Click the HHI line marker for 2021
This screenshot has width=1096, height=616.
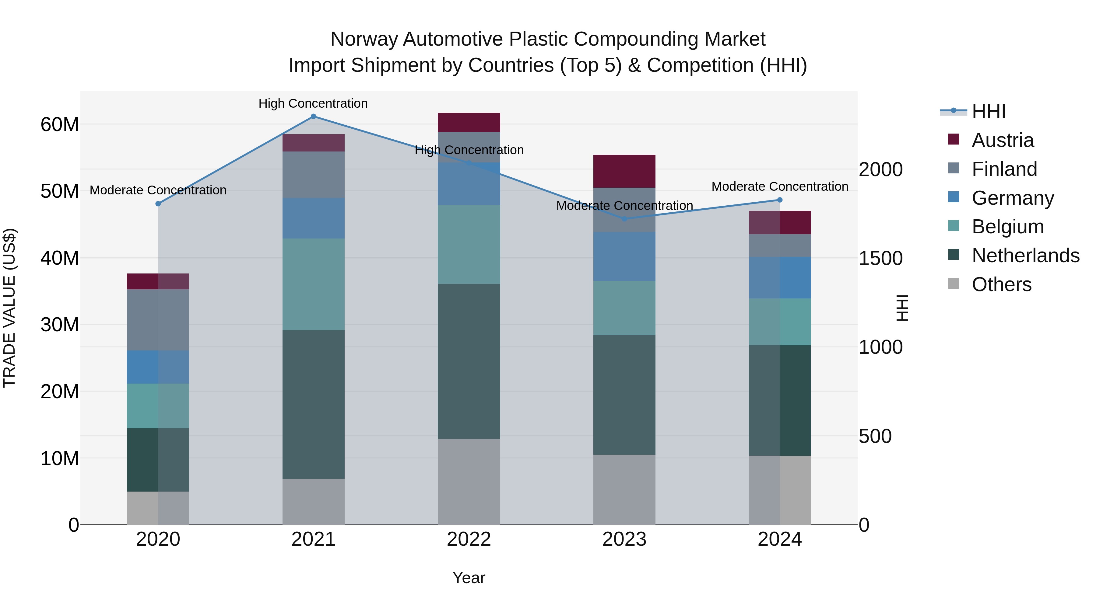pyautogui.click(x=313, y=117)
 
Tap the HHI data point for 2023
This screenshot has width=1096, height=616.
pyautogui.click(x=624, y=219)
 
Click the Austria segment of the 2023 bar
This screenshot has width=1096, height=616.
pyautogui.click(x=624, y=171)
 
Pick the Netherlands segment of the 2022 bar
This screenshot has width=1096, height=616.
pyautogui.click(x=469, y=361)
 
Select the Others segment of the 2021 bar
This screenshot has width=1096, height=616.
pyautogui.click(x=313, y=502)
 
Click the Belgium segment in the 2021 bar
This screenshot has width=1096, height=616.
pyautogui.click(x=313, y=284)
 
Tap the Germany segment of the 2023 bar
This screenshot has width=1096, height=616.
pyautogui.click(x=624, y=256)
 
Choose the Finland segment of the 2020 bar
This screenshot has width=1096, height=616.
pyautogui.click(x=158, y=320)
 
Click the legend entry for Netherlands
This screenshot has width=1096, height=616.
pyautogui.click(x=1025, y=256)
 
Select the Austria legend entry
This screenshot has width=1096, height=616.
pyautogui.click(x=1003, y=140)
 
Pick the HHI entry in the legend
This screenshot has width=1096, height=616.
pyautogui.click(x=988, y=111)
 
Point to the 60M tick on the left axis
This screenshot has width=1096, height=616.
pyautogui.click(x=60, y=124)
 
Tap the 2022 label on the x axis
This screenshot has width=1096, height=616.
pyautogui.click(x=469, y=539)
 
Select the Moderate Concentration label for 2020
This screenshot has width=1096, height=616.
pyautogui.click(x=158, y=190)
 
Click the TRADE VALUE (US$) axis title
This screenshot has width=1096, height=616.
pyautogui.click(x=9, y=308)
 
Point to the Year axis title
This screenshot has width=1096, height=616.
pyautogui.click(x=469, y=578)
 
